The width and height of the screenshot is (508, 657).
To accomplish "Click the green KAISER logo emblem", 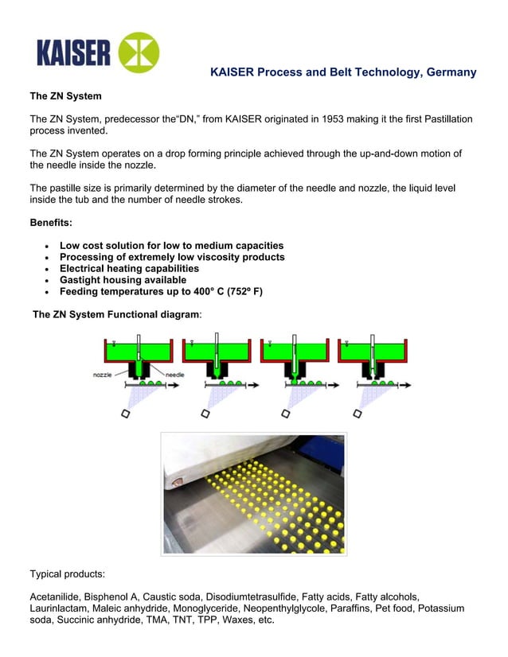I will [x=139, y=52].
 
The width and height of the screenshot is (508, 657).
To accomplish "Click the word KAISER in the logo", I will [x=73, y=53].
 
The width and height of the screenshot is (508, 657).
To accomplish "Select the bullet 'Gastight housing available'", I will [x=123, y=280].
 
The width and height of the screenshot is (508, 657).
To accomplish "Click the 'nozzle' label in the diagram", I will [x=102, y=374].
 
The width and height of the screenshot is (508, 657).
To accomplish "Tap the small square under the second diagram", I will [x=205, y=413].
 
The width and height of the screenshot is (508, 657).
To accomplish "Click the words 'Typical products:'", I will [x=68, y=573].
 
